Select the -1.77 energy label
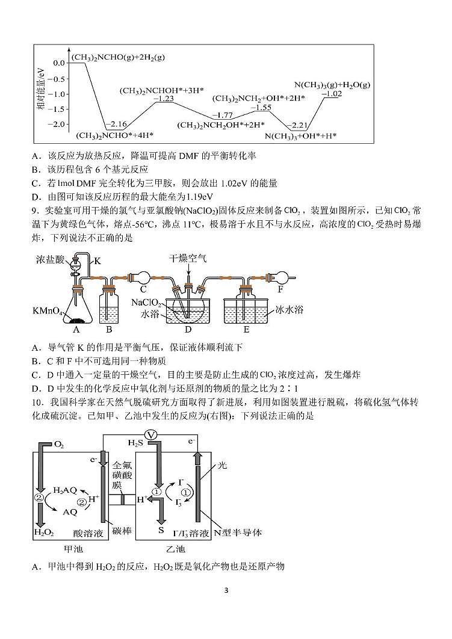[223, 116]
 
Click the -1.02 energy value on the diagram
[332, 94]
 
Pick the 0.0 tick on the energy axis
[59, 63]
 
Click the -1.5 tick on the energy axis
[57, 109]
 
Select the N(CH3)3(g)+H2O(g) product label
[332, 85]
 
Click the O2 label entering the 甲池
[59, 445]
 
